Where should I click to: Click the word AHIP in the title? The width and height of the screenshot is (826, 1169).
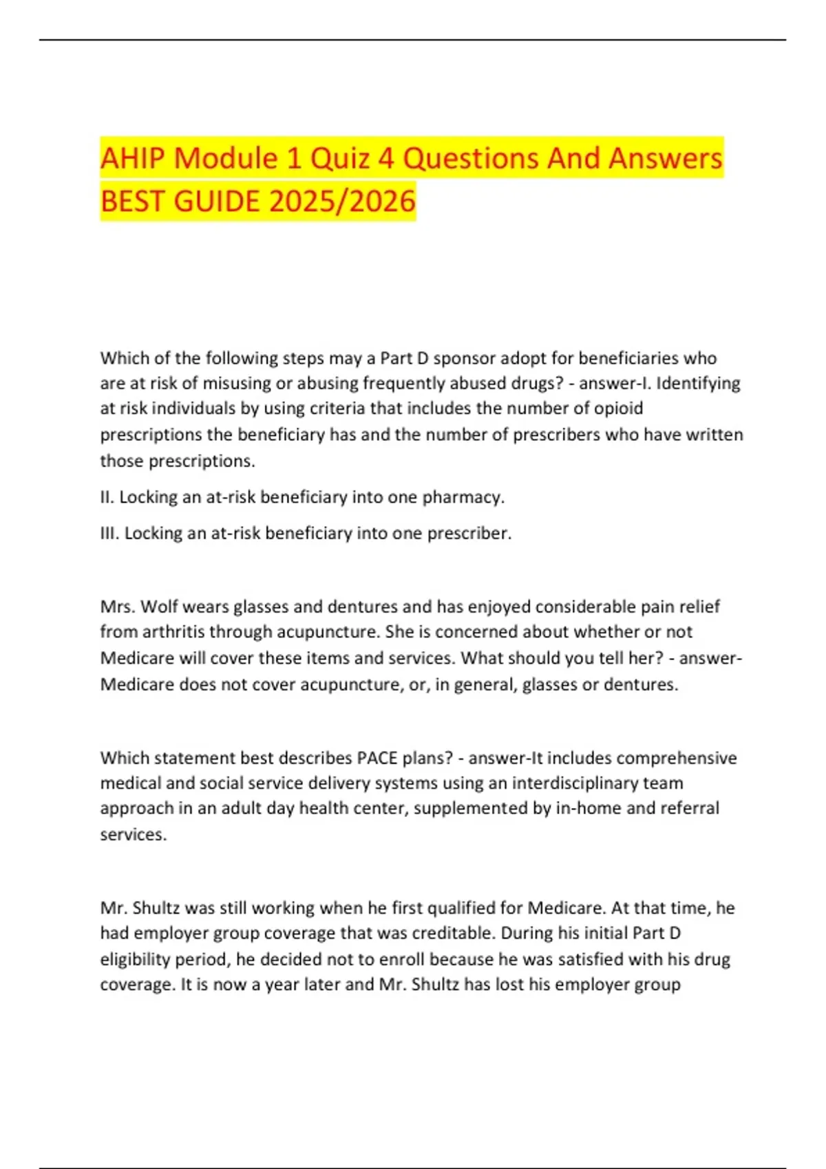pyautogui.click(x=133, y=158)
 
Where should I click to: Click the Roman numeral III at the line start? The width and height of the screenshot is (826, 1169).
pyautogui.click(x=109, y=534)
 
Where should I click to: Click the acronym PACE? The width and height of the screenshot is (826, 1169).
pyautogui.click(x=377, y=758)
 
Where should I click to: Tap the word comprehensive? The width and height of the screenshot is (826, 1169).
pyautogui.click(x=676, y=758)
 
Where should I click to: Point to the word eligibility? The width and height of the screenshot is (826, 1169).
pyautogui.click(x=136, y=959)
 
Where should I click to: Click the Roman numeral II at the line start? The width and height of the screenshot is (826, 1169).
pyautogui.click(x=107, y=497)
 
